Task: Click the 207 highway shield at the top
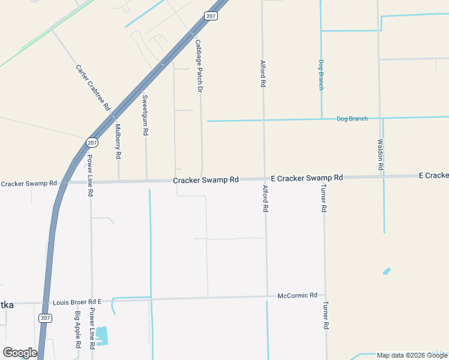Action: click(x=210, y=16)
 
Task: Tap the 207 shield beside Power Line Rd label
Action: click(x=92, y=142)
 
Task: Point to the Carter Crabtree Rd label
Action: click(x=93, y=87)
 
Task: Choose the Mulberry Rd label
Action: click(x=118, y=141)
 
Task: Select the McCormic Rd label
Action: click(x=297, y=296)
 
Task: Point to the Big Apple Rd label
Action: click(x=78, y=329)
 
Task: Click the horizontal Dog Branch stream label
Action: click(x=352, y=119)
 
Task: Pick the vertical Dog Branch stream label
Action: click(x=321, y=75)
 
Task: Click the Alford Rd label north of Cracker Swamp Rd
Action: click(x=262, y=74)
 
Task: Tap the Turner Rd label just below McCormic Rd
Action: click(x=325, y=315)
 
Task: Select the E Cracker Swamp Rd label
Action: click(x=307, y=178)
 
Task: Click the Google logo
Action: click(x=20, y=353)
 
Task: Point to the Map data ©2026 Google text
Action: click(x=412, y=355)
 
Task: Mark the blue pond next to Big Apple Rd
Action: click(x=101, y=335)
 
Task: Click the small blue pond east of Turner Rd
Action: click(x=387, y=271)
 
